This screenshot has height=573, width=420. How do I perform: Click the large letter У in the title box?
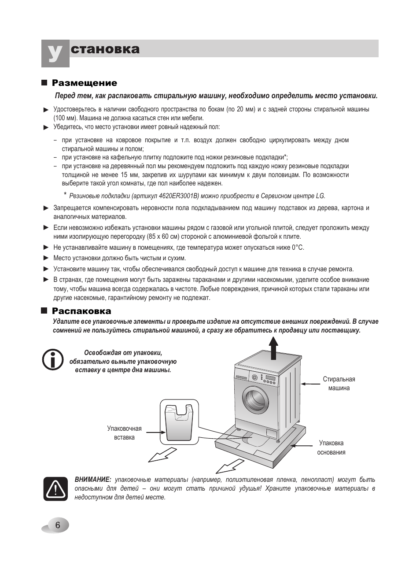click(55, 54)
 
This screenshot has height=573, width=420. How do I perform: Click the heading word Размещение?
click(85, 83)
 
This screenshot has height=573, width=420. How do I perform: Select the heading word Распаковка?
click(81, 311)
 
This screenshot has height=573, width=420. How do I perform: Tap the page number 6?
click(57, 525)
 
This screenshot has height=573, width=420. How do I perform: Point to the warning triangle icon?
click(55, 488)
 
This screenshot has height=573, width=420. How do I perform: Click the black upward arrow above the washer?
click(273, 348)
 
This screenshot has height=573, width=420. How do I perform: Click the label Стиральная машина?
click(339, 384)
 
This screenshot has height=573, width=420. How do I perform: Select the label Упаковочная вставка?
click(124, 433)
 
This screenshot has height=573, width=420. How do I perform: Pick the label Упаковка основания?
click(331, 447)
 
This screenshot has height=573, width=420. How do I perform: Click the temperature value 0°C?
click(298, 248)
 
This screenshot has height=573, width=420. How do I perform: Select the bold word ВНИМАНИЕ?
click(93, 480)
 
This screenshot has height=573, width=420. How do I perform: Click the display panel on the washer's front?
click(270, 378)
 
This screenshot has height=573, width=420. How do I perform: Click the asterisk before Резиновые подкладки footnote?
click(65, 195)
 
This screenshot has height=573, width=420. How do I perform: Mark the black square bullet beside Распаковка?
click(44, 311)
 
